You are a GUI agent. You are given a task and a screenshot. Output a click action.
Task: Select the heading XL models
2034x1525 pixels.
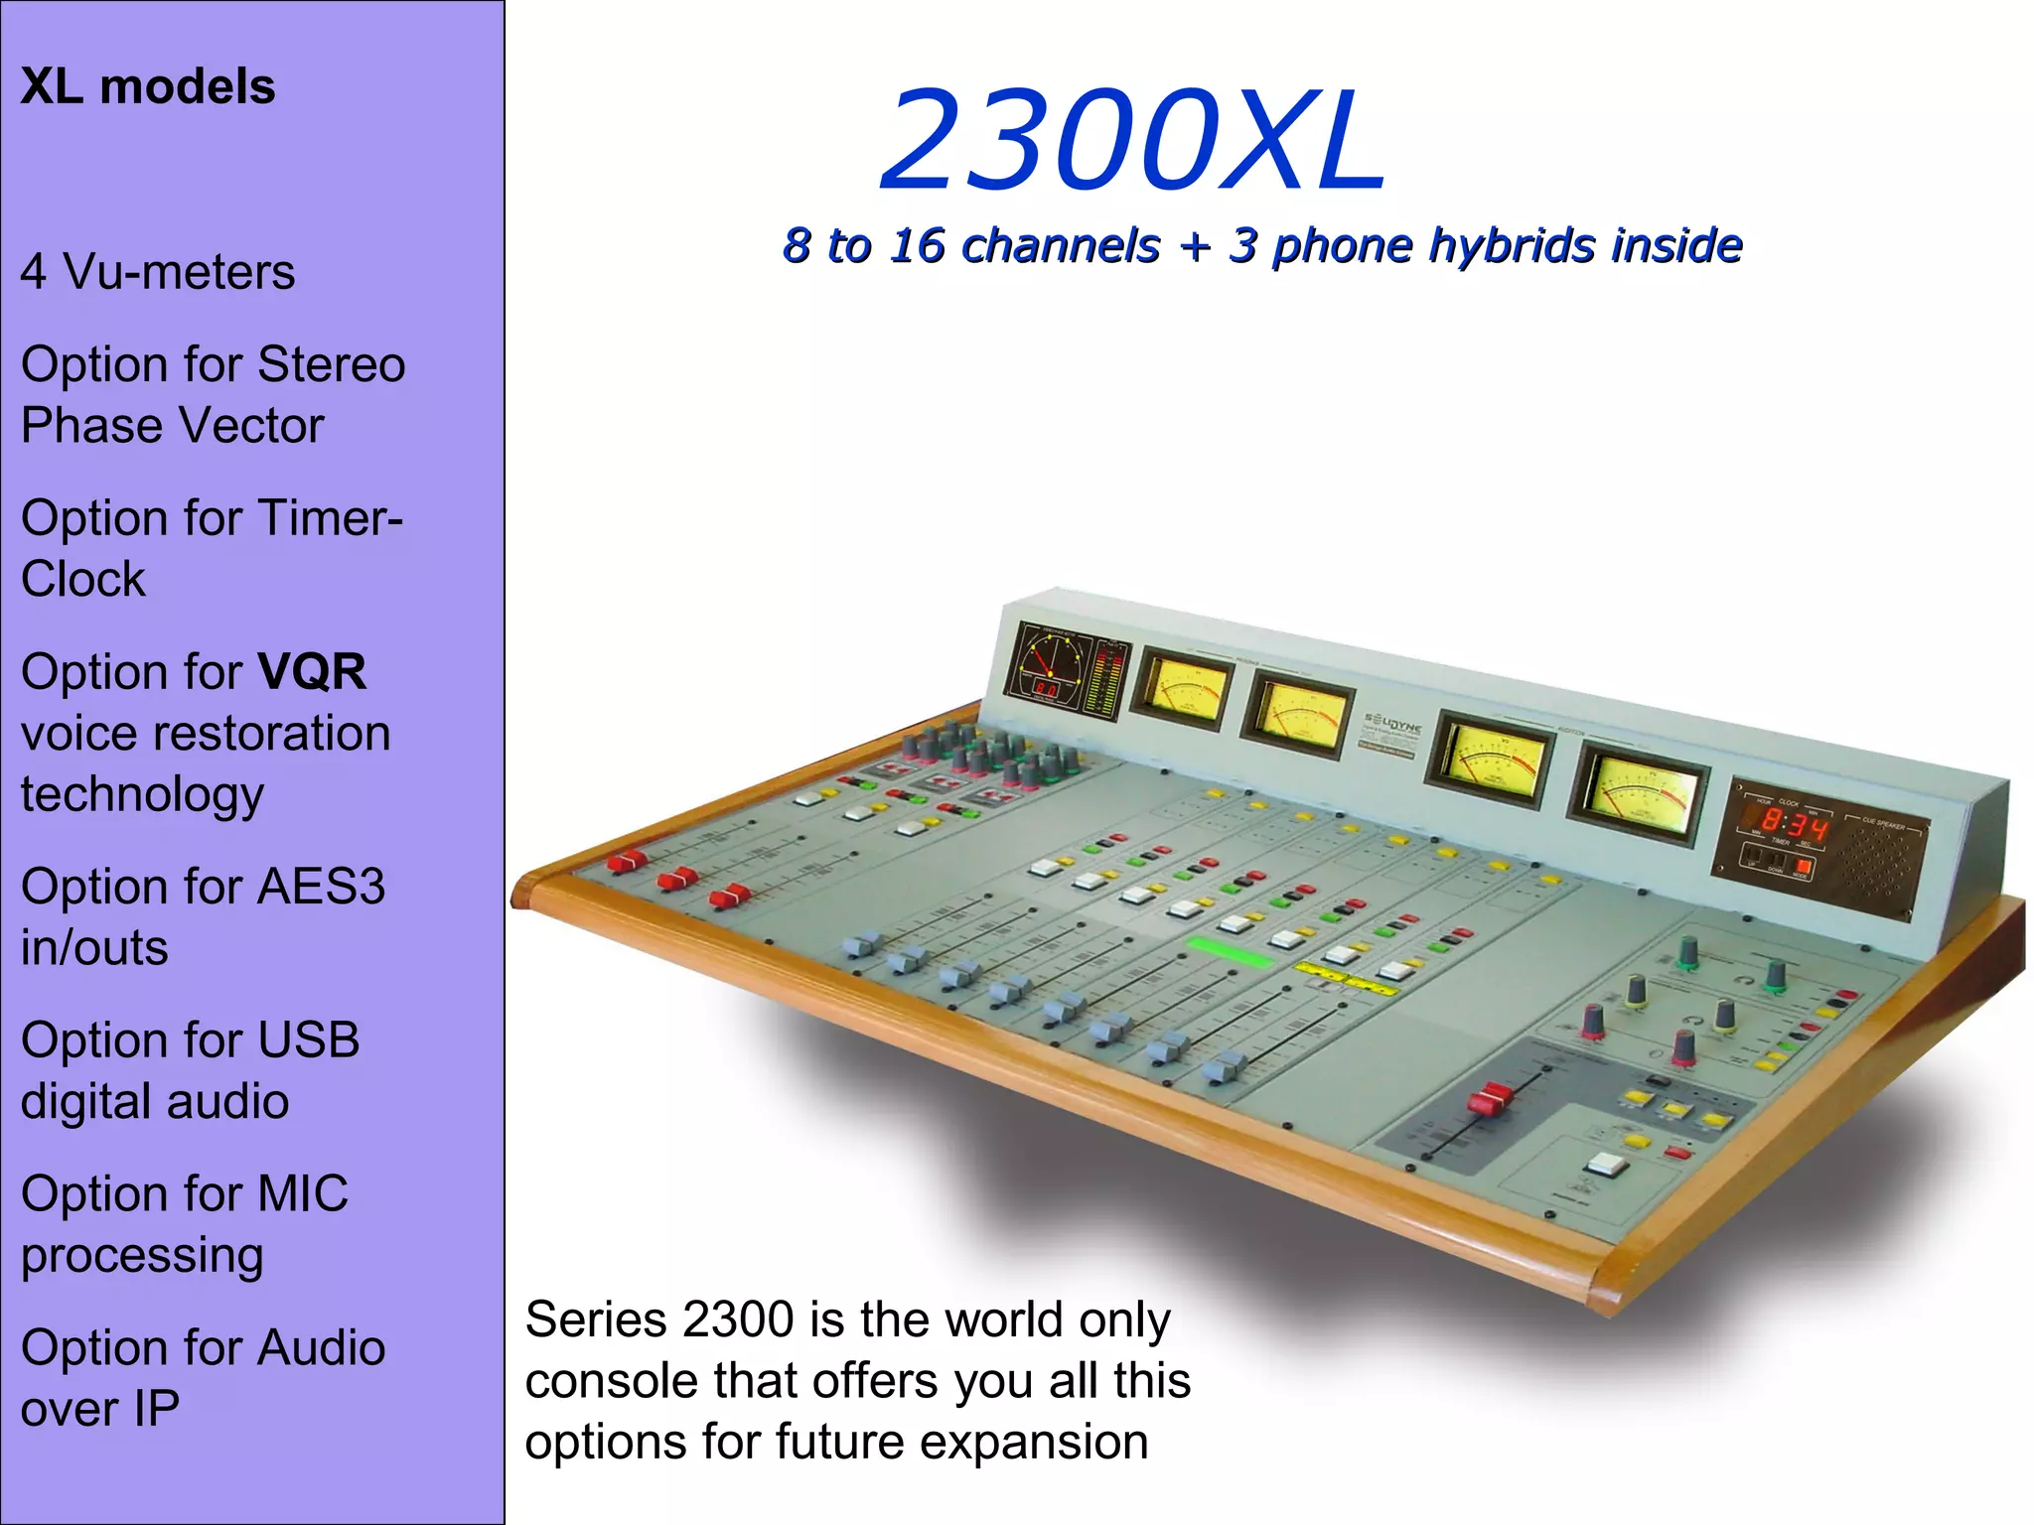pyautogui.click(x=148, y=86)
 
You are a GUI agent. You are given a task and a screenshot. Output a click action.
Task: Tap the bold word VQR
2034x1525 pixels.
pyautogui.click(x=313, y=672)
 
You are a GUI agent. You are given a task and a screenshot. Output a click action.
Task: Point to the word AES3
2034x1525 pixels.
pyautogui.click(x=321, y=887)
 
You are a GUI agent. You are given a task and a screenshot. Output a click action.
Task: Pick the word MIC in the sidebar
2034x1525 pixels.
pyautogui.click(x=303, y=1194)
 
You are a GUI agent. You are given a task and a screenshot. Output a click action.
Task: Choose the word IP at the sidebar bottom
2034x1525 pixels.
pyautogui.click(x=156, y=1409)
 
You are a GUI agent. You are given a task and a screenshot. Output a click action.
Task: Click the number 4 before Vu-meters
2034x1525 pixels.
pyautogui.click(x=34, y=272)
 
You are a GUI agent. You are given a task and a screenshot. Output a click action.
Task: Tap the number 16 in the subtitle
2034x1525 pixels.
pyautogui.click(x=917, y=245)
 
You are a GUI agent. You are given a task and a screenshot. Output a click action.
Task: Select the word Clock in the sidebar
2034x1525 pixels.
pyautogui.click(x=83, y=580)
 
